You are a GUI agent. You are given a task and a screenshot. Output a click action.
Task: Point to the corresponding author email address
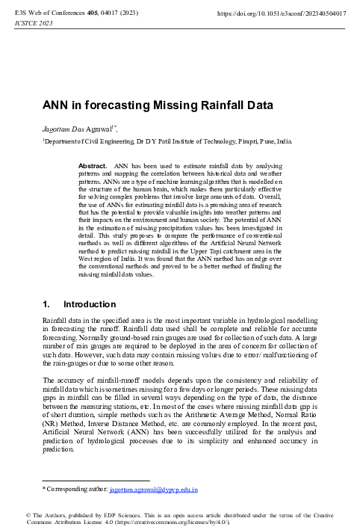click(x=153, y=491)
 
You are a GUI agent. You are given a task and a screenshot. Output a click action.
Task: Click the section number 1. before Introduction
click(x=47, y=305)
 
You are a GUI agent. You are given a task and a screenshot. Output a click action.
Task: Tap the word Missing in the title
click(x=170, y=105)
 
